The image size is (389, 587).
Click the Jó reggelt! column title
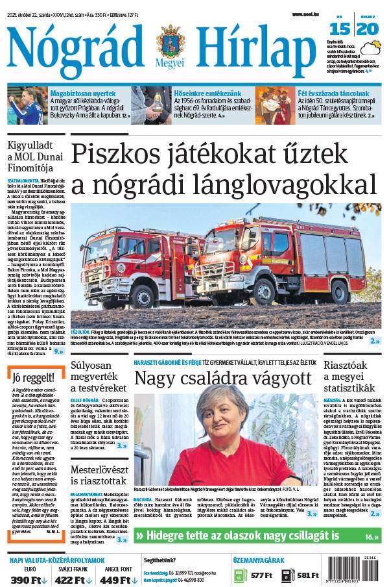[30, 377]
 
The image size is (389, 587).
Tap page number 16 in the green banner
[370, 536]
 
